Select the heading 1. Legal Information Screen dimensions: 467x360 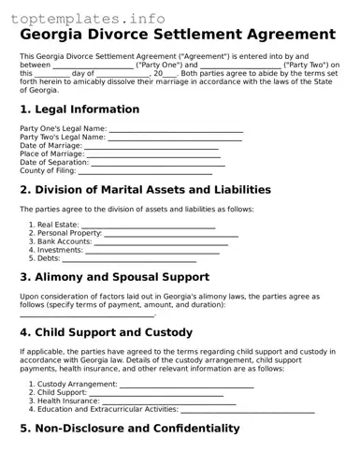point(79,109)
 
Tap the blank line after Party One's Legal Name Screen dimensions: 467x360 point(176,128)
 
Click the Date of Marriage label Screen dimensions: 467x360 point(51,145)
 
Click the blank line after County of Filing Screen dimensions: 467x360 point(145,171)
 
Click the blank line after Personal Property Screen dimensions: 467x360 point(170,234)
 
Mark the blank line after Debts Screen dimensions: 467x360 point(129,258)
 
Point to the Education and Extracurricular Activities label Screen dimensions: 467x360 point(108,409)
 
